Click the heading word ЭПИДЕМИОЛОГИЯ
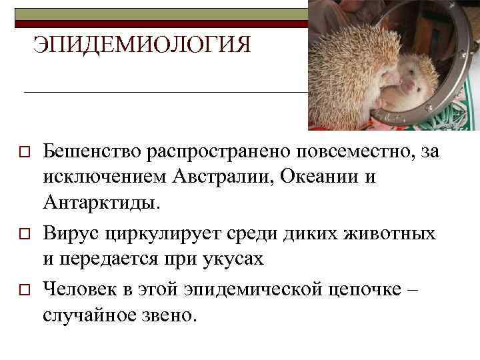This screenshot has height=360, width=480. [142, 45]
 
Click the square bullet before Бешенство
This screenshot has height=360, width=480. [23, 153]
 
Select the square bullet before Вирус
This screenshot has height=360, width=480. [23, 235]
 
